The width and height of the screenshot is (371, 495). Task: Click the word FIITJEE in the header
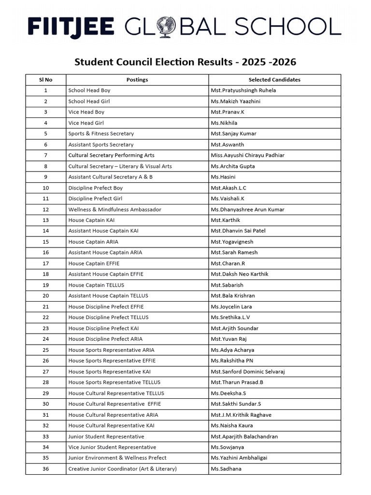pos(71,27)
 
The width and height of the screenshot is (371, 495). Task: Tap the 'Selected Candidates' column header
pos(274,80)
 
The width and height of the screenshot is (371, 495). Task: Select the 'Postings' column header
pos(137,80)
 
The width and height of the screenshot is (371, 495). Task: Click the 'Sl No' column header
pos(45,80)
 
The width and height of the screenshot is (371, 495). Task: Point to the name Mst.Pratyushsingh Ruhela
pos(243,90)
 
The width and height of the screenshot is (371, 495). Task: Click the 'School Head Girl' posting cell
pos(89,102)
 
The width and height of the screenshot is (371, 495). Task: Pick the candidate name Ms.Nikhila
pos(225,123)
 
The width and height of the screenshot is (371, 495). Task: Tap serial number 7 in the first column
pos(45,155)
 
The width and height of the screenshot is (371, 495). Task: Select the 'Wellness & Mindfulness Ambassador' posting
pos(115,209)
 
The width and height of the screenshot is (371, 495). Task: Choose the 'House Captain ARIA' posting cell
pos(93,242)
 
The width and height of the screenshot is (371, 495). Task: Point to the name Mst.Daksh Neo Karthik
pos(240,274)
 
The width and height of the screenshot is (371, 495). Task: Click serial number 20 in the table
pos(45,295)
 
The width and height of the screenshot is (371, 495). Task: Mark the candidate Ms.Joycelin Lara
pos(231,306)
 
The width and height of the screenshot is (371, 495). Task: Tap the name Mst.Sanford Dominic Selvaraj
pos(247,371)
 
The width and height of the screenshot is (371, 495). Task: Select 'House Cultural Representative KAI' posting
pos(112,425)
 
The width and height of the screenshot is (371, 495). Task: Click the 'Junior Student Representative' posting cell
pos(106,437)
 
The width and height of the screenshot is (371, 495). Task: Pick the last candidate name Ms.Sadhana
pos(226,469)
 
